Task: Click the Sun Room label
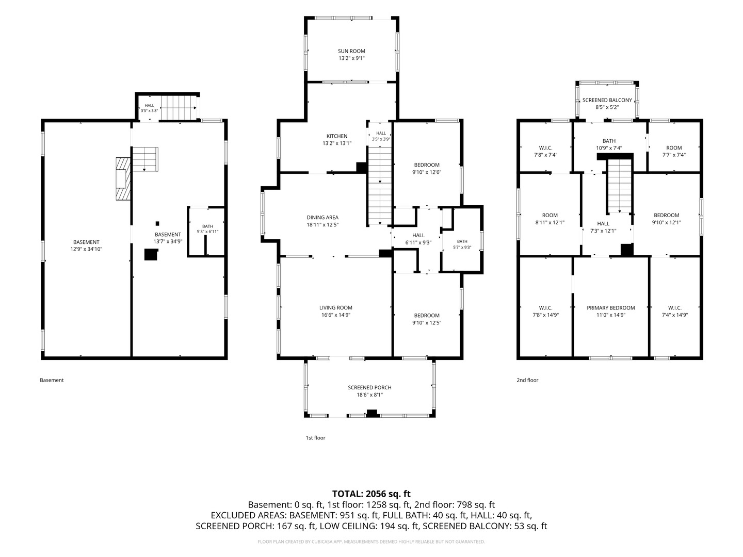(x=351, y=55)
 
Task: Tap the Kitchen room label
(x=337, y=139)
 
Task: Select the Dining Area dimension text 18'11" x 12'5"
(x=322, y=224)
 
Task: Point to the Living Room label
(x=336, y=311)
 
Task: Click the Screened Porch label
(x=369, y=391)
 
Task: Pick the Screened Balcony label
(x=607, y=104)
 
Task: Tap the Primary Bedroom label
(x=610, y=311)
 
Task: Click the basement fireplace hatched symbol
(x=123, y=178)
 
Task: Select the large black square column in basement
(x=151, y=254)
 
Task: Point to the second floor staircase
(x=620, y=186)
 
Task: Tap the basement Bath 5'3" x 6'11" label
(x=207, y=229)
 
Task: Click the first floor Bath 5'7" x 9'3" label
(x=462, y=244)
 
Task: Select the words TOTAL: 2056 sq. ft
(x=372, y=494)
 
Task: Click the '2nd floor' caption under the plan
(x=527, y=380)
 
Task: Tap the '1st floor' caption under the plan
(x=315, y=438)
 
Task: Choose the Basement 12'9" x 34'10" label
(x=86, y=245)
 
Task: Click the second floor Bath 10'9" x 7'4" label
(x=609, y=144)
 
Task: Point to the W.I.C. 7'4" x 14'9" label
(x=674, y=311)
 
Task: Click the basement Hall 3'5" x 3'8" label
(x=149, y=108)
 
